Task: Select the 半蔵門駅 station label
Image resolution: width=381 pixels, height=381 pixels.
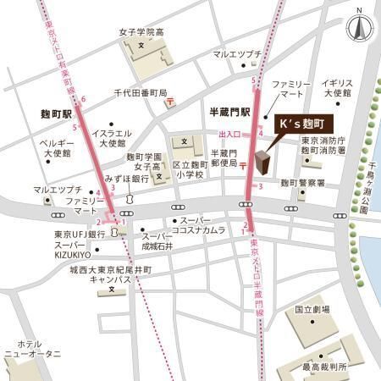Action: [230, 111]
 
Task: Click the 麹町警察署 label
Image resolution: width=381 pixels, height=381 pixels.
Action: [303, 183]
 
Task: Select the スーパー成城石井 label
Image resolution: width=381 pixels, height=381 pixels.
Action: [157, 241]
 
